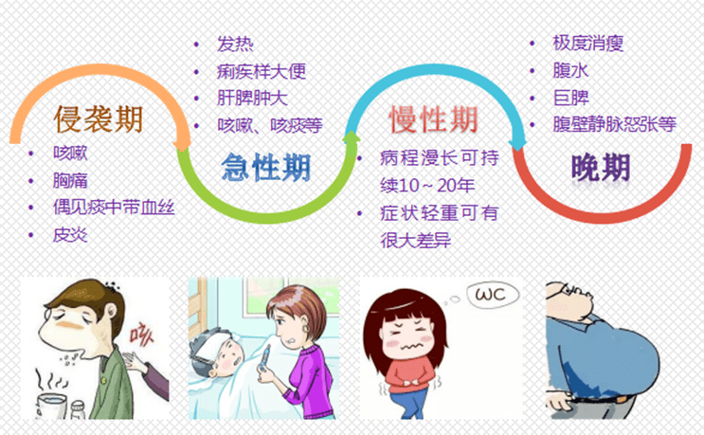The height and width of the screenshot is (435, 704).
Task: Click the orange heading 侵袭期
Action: point(99,119)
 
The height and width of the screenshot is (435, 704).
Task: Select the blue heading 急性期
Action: point(266,168)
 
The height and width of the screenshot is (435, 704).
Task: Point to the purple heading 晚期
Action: point(601,168)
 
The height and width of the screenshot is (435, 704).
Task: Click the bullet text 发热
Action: point(235,45)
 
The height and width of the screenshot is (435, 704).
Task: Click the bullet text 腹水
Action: point(570,70)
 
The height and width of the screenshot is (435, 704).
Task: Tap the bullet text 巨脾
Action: point(570,97)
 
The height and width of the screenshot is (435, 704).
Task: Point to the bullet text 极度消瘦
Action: point(587,44)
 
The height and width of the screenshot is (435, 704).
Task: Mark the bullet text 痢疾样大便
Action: point(262,72)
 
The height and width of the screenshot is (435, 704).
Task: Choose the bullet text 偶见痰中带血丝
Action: point(114,207)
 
